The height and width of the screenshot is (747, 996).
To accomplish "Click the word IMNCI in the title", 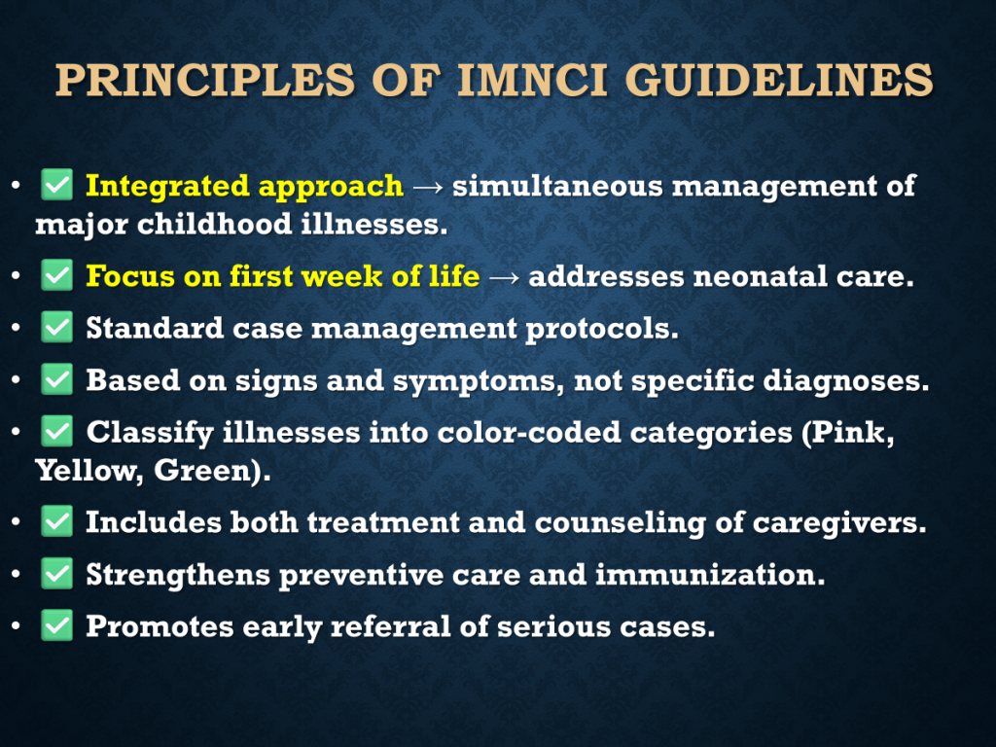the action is [x=532, y=80].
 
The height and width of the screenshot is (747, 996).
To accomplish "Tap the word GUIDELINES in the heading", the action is [x=779, y=80].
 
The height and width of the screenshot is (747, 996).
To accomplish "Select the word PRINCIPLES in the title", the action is [x=204, y=80].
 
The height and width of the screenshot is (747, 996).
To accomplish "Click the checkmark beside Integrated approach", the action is [x=57, y=185].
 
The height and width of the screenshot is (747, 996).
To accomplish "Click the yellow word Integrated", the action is [x=167, y=187].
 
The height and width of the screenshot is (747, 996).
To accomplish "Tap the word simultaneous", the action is [x=557, y=186].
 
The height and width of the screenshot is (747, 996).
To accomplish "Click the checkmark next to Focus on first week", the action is [x=57, y=275].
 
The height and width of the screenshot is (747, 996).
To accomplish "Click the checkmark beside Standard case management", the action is [x=57, y=327].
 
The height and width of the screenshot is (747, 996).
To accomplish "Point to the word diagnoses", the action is [x=845, y=381].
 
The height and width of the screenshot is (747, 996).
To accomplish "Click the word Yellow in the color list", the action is [x=89, y=471].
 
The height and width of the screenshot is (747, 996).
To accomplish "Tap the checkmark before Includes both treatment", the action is [x=57, y=521].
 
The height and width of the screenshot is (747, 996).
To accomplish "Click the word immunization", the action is [x=710, y=574].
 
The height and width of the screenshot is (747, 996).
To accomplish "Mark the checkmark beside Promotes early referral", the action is [x=57, y=625].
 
